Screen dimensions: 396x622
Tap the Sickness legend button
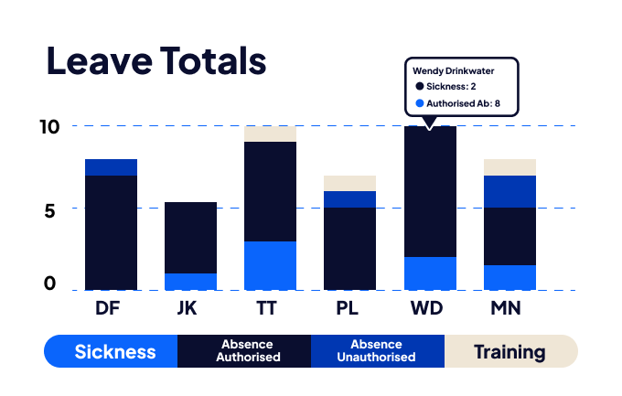tap(114, 351)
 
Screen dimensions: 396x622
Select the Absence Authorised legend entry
tap(247, 351)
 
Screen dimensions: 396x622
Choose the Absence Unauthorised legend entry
tap(377, 351)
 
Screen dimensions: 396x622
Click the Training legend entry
tap(510, 351)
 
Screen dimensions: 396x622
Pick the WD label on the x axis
tap(428, 308)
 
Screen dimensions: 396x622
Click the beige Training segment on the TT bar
tap(270, 134)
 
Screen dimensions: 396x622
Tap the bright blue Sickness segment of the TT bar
tap(270, 265)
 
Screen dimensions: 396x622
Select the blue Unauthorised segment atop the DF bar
tap(111, 166)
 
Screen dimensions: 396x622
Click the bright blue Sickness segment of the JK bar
tap(190, 281)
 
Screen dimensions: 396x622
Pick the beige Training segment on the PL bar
tap(349, 183)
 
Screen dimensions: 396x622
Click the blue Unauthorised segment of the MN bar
tap(509, 191)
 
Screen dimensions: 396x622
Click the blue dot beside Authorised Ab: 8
tap(420, 103)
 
